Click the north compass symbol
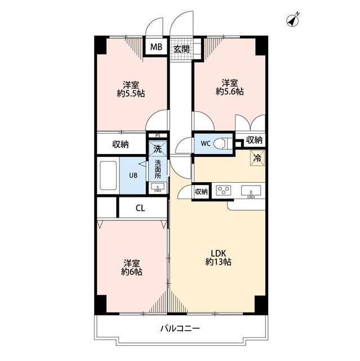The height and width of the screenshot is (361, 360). pos(292,20)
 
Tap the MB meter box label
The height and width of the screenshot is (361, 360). pos(156,47)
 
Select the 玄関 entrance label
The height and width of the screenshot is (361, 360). pos(181,49)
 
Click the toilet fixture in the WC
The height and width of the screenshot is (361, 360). pos(220,144)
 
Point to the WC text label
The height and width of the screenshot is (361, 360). pos(206,144)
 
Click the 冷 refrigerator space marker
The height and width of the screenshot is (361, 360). pos(257,158)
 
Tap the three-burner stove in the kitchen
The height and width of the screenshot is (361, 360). pos(224,191)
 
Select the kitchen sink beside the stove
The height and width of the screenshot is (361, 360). pos(251,191)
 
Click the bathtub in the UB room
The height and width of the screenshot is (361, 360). pos(108,175)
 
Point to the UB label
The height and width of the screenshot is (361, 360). pos(134,175)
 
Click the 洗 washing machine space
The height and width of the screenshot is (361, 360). pos(158,149)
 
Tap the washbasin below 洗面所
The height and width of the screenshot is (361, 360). pos(158,187)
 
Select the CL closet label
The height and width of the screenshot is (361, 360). pos(140,208)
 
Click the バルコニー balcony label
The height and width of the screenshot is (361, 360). pos(180,328)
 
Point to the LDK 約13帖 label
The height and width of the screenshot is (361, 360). pos(219,258)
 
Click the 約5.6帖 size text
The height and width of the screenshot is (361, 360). pos(230,91)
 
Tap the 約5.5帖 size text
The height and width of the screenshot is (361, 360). pos(131,94)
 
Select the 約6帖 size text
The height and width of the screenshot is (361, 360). pos(132,272)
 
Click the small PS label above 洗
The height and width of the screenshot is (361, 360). pos(158,135)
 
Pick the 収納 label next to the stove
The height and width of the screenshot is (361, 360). pos(201,192)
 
